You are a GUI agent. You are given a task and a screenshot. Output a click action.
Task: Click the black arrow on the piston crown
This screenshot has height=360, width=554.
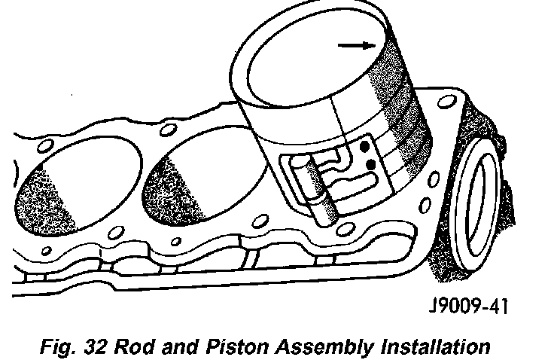[356, 45]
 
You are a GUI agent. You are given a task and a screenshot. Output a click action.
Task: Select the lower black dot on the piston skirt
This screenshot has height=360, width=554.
[370, 163]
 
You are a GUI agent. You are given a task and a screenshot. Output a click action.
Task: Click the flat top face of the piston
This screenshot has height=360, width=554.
[308, 63]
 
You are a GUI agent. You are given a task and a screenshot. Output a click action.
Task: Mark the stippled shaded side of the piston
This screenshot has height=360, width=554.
[403, 98]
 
